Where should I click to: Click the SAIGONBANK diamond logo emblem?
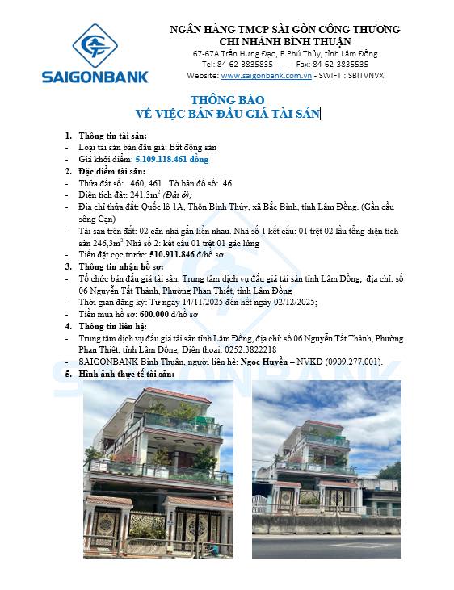95,44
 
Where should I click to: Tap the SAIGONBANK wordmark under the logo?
95,77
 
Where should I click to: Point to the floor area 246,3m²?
105,241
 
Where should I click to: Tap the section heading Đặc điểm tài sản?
111,172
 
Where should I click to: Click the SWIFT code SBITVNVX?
364,75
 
